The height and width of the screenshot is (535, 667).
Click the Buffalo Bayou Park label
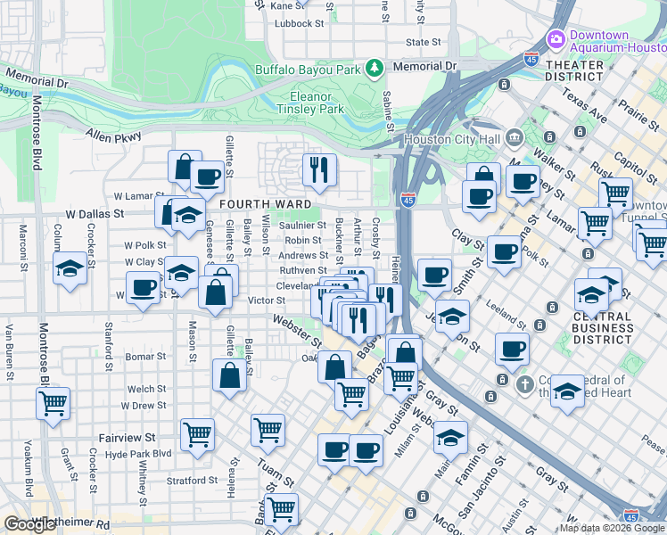[x=307, y=69]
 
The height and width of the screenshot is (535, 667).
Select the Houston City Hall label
[x=451, y=139]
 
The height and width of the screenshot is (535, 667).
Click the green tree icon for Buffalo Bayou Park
[x=375, y=67]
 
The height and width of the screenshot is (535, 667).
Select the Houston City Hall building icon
[x=515, y=138]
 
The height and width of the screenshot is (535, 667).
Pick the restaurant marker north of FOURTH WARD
[x=318, y=169]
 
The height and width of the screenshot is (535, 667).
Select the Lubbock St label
[x=298, y=24]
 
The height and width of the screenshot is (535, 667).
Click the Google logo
[x=30, y=524]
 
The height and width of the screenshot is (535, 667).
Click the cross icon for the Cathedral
[x=525, y=383]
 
